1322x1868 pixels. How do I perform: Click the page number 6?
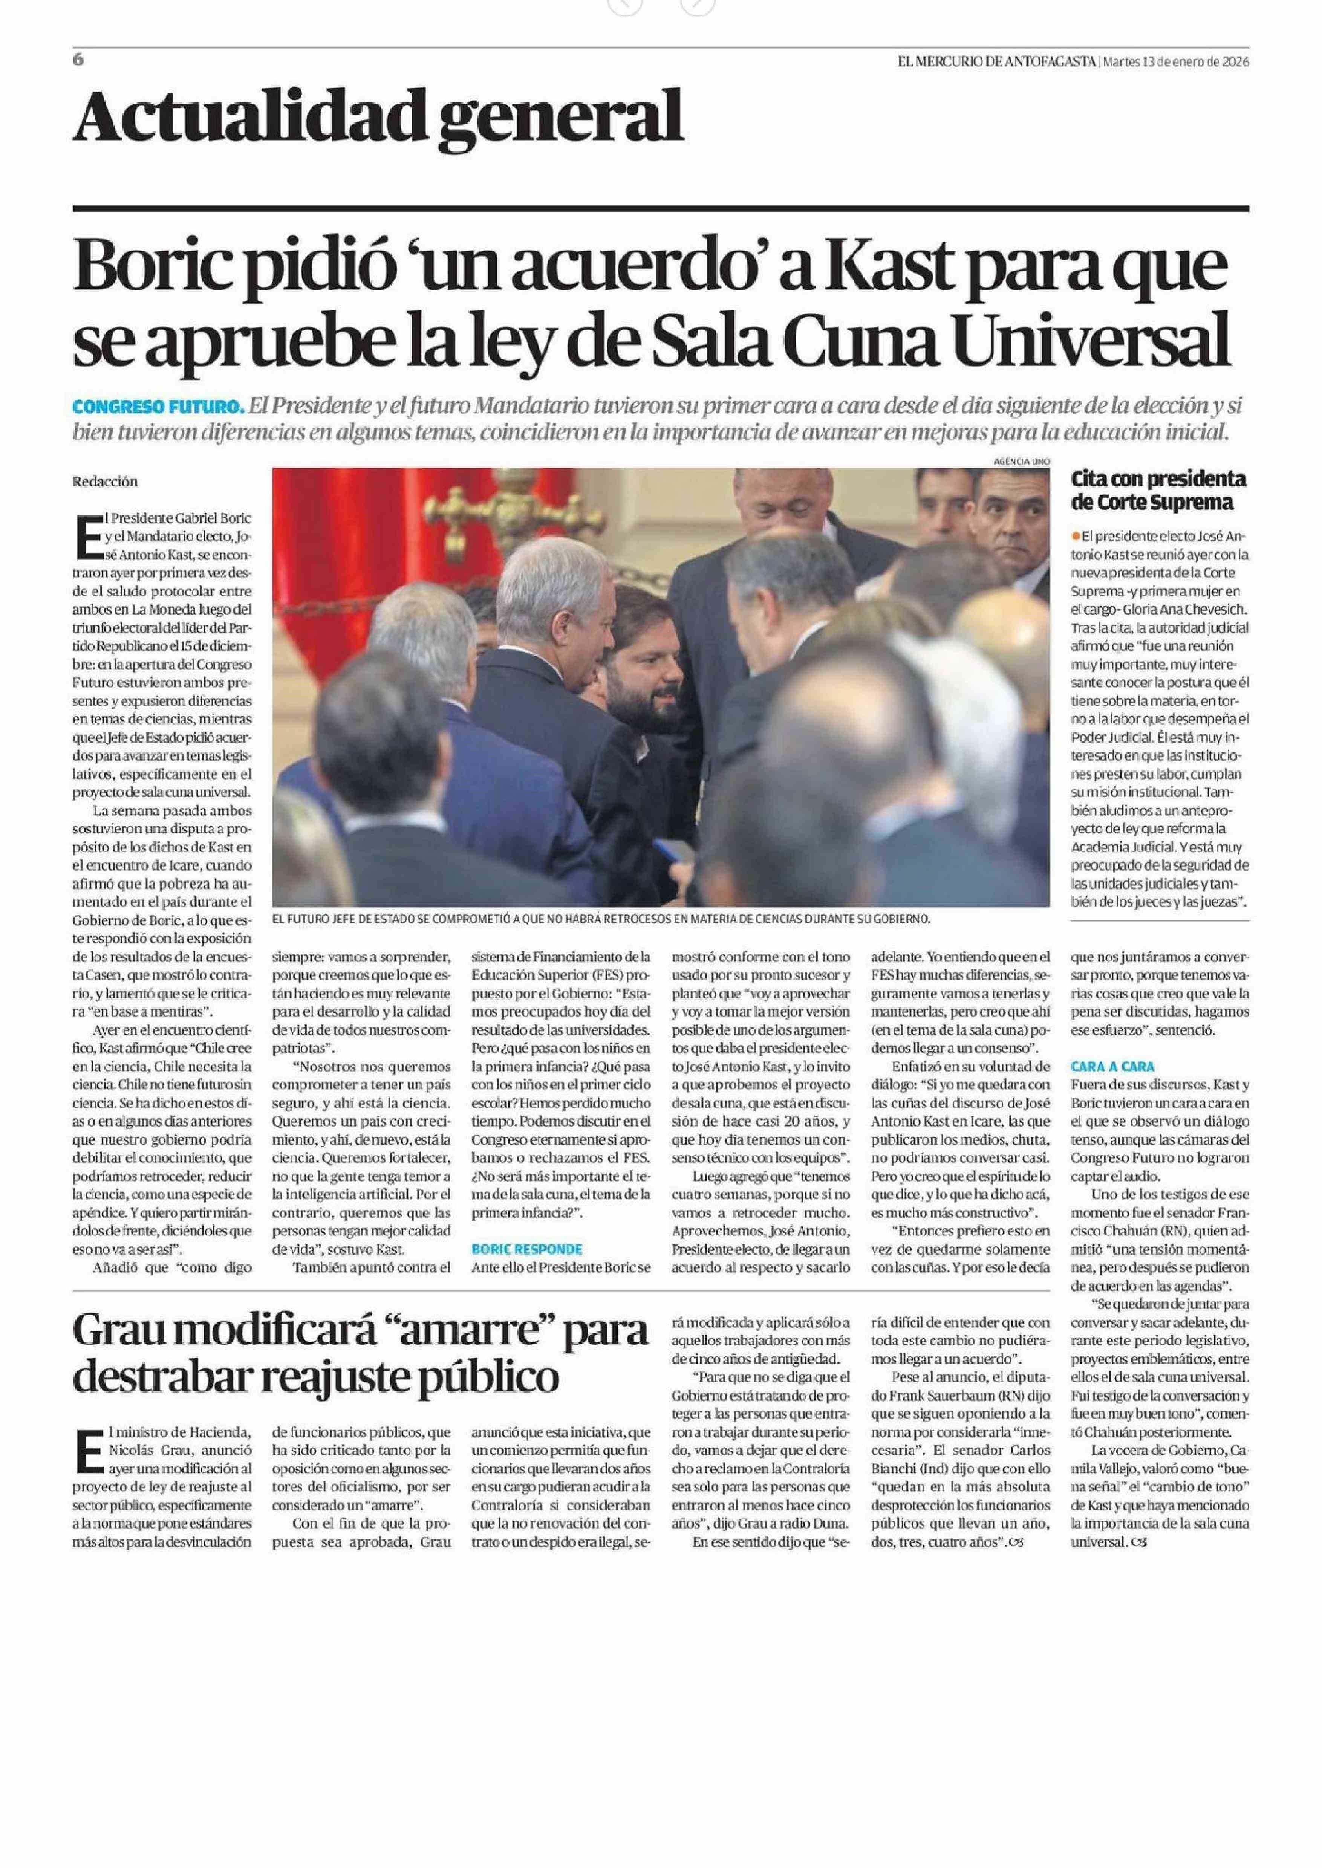click(78, 60)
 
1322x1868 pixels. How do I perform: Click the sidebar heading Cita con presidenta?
click(1158, 478)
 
